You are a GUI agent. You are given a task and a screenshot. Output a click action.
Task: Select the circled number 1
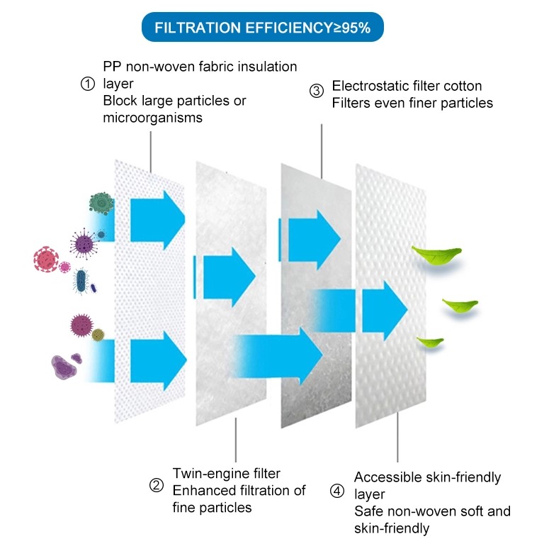click(x=88, y=84)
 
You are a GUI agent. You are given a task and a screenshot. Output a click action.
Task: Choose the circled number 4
click(x=337, y=491)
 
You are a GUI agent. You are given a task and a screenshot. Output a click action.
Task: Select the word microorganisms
click(x=152, y=118)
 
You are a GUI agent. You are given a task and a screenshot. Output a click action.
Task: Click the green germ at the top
click(x=102, y=204)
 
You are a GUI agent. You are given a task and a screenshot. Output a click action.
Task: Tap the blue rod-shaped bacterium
click(x=83, y=281)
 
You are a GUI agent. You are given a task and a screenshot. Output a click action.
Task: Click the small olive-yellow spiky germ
click(x=98, y=333)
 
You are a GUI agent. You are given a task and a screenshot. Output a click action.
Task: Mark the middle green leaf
click(x=460, y=306)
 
